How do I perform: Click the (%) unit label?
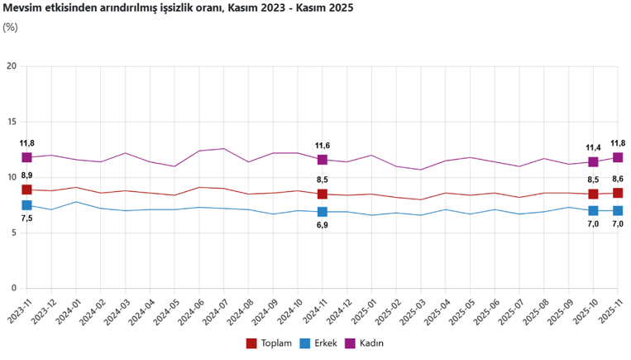click(x=10, y=27)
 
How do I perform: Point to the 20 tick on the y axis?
click(x=11, y=66)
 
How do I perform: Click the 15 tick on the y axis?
click(x=11, y=122)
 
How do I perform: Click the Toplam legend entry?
click(x=270, y=343)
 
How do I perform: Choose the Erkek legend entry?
click(x=323, y=343)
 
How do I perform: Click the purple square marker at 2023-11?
click(x=26, y=157)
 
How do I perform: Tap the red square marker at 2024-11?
click(x=323, y=194)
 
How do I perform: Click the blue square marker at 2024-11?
click(x=323, y=212)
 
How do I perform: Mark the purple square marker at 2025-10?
click(x=593, y=162)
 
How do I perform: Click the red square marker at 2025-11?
click(x=618, y=193)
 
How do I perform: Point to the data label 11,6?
click(x=323, y=146)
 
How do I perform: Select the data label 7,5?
click(x=26, y=218)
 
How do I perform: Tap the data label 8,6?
click(x=618, y=179)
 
